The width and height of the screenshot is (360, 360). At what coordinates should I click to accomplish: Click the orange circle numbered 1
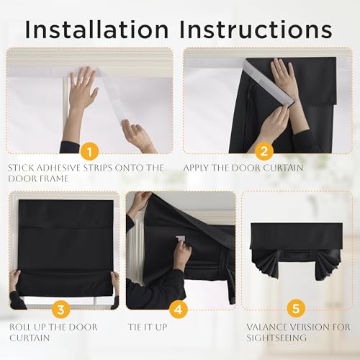click(x=89, y=151)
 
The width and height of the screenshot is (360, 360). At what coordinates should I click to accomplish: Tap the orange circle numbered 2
click(x=264, y=151)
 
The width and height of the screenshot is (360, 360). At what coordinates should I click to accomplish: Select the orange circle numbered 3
click(x=61, y=309)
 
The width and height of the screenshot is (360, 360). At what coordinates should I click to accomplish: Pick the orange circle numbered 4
click(x=179, y=309)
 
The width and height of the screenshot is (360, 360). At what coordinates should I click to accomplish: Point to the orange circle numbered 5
click(x=296, y=308)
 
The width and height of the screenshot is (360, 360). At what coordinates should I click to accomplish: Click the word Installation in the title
click(x=96, y=30)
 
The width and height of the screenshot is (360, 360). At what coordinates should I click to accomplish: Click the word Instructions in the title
click(x=256, y=30)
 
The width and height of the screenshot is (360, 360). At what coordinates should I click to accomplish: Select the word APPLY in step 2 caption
click(x=195, y=168)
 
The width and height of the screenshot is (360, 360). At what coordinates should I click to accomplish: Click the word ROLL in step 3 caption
click(x=19, y=327)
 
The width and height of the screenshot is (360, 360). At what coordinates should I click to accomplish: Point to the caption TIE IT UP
click(x=148, y=327)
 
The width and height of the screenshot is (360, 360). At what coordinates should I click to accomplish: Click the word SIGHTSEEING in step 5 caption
click(x=276, y=338)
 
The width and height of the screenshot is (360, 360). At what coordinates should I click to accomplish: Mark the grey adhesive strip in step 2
click(x=269, y=83)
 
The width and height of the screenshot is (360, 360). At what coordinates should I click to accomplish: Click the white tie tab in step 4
click(x=181, y=239)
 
